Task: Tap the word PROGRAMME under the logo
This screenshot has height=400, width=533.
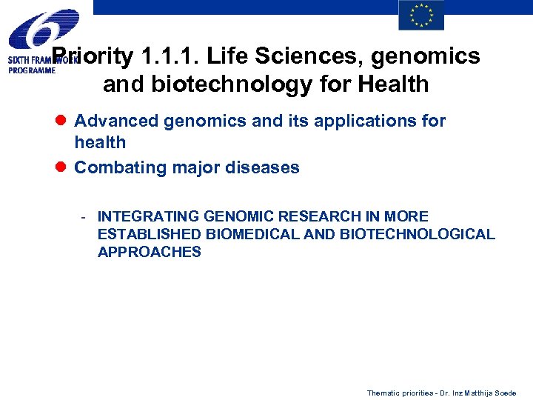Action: tap(32, 70)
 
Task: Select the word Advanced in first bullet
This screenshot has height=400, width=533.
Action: tap(116, 121)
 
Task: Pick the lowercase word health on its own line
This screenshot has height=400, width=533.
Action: tap(100, 142)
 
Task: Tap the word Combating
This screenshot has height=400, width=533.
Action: tap(120, 167)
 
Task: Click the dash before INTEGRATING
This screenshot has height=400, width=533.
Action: tap(85, 217)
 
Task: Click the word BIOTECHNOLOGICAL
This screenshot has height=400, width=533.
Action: tap(418, 234)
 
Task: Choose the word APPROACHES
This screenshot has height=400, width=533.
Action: tap(149, 252)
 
